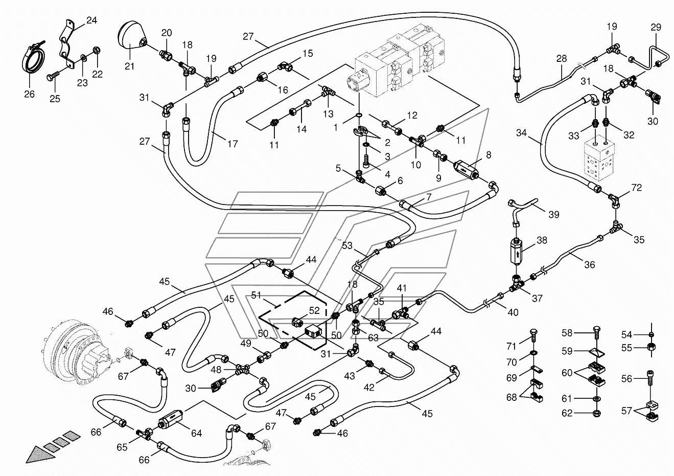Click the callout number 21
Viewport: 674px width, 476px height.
[129, 65]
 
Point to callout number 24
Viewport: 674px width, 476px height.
[91, 20]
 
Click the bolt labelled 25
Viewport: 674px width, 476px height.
[51, 77]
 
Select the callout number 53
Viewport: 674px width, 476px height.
[347, 246]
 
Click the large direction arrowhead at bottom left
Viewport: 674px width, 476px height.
[36, 455]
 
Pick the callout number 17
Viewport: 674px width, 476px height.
[233, 145]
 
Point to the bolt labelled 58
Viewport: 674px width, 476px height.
[595, 333]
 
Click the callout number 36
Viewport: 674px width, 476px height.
[589, 265]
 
